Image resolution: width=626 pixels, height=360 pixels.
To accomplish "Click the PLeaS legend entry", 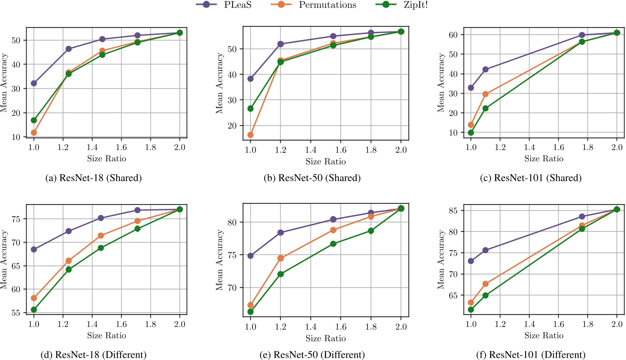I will [x=237, y=5].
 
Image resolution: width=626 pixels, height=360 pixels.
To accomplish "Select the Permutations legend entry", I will [x=327, y=5].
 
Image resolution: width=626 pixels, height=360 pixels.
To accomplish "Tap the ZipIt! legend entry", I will [x=415, y=5].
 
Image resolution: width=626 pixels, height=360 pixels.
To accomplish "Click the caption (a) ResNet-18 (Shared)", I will [x=94, y=178].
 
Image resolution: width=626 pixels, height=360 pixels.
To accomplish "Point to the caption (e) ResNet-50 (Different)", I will [x=312, y=355].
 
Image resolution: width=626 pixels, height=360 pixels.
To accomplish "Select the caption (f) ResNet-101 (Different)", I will [x=531, y=355].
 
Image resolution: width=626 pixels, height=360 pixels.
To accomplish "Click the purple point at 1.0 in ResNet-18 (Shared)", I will [x=34, y=83].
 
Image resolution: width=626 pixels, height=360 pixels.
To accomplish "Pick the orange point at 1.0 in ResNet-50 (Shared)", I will [x=250, y=135].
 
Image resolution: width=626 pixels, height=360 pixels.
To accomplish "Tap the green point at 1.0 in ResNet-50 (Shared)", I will [x=250, y=109].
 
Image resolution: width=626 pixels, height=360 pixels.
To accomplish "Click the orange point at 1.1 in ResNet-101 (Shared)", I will [x=485, y=94].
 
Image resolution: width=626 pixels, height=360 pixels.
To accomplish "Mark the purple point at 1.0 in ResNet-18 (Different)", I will [x=34, y=249].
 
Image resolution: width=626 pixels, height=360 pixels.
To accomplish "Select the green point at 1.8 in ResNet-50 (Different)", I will [x=371, y=231].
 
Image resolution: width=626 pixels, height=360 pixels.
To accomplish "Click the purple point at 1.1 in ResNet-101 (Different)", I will [x=485, y=250].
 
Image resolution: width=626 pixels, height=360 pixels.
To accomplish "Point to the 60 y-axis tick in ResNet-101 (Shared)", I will [x=453, y=34].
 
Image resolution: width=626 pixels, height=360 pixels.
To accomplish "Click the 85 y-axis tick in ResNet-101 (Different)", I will [x=453, y=210].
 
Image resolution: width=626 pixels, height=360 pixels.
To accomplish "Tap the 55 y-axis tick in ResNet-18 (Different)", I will [x=16, y=312].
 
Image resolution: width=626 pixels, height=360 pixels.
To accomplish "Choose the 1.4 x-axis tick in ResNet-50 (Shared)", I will [x=311, y=150].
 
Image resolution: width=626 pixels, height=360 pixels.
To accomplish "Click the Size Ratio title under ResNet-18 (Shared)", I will [x=107, y=159].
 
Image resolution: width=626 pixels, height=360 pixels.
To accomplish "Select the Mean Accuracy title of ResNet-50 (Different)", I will [x=219, y=260].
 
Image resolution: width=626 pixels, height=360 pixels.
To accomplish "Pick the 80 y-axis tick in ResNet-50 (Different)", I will [x=232, y=222].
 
